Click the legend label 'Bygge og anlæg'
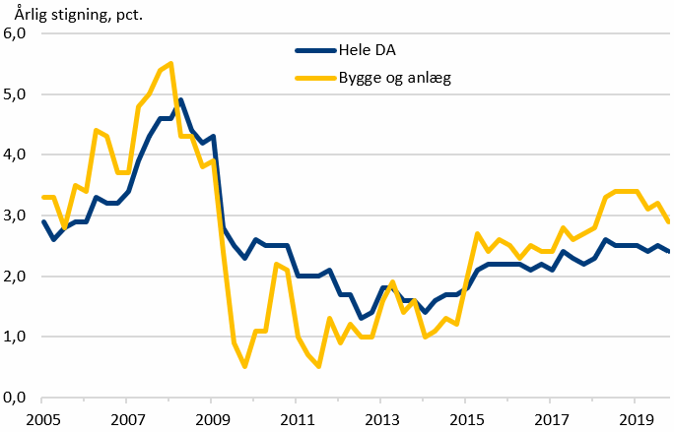(393, 77)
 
